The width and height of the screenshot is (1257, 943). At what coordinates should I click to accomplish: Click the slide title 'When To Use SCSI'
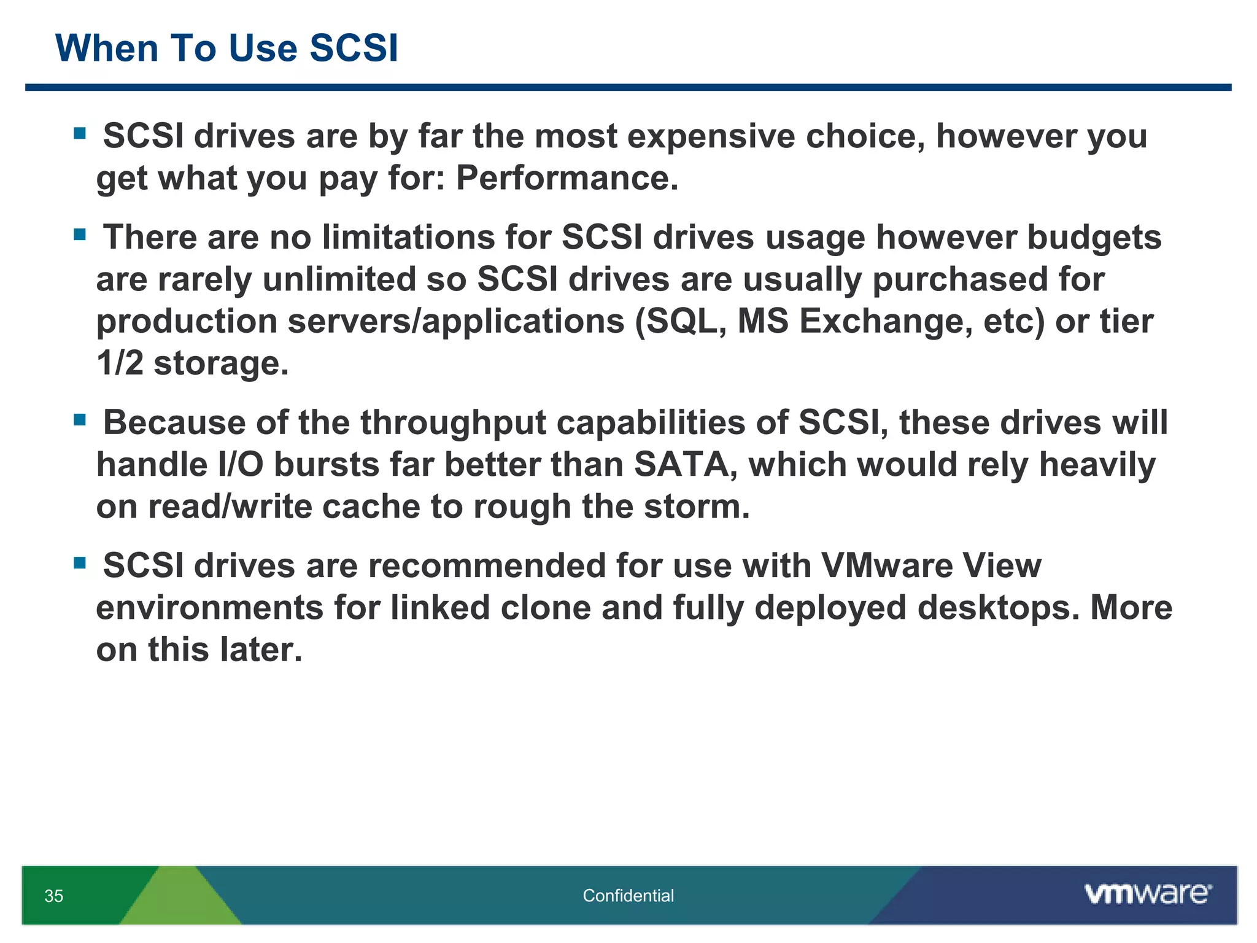point(226,48)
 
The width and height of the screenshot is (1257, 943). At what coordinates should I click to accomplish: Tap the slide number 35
point(54,896)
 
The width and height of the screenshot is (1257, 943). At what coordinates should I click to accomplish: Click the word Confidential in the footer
point(628,896)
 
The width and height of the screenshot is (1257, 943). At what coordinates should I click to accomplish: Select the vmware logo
point(1148,894)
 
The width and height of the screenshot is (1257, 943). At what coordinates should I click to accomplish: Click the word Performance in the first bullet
point(567,178)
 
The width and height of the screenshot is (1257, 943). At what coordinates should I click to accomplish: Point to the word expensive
point(711,136)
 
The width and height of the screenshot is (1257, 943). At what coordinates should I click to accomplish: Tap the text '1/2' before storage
point(120,363)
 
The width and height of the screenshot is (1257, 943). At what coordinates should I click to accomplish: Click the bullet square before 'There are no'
point(80,235)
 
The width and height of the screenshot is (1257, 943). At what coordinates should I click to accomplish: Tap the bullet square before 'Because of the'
point(80,420)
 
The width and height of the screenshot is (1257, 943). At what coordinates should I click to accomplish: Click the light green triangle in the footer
point(179,899)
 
